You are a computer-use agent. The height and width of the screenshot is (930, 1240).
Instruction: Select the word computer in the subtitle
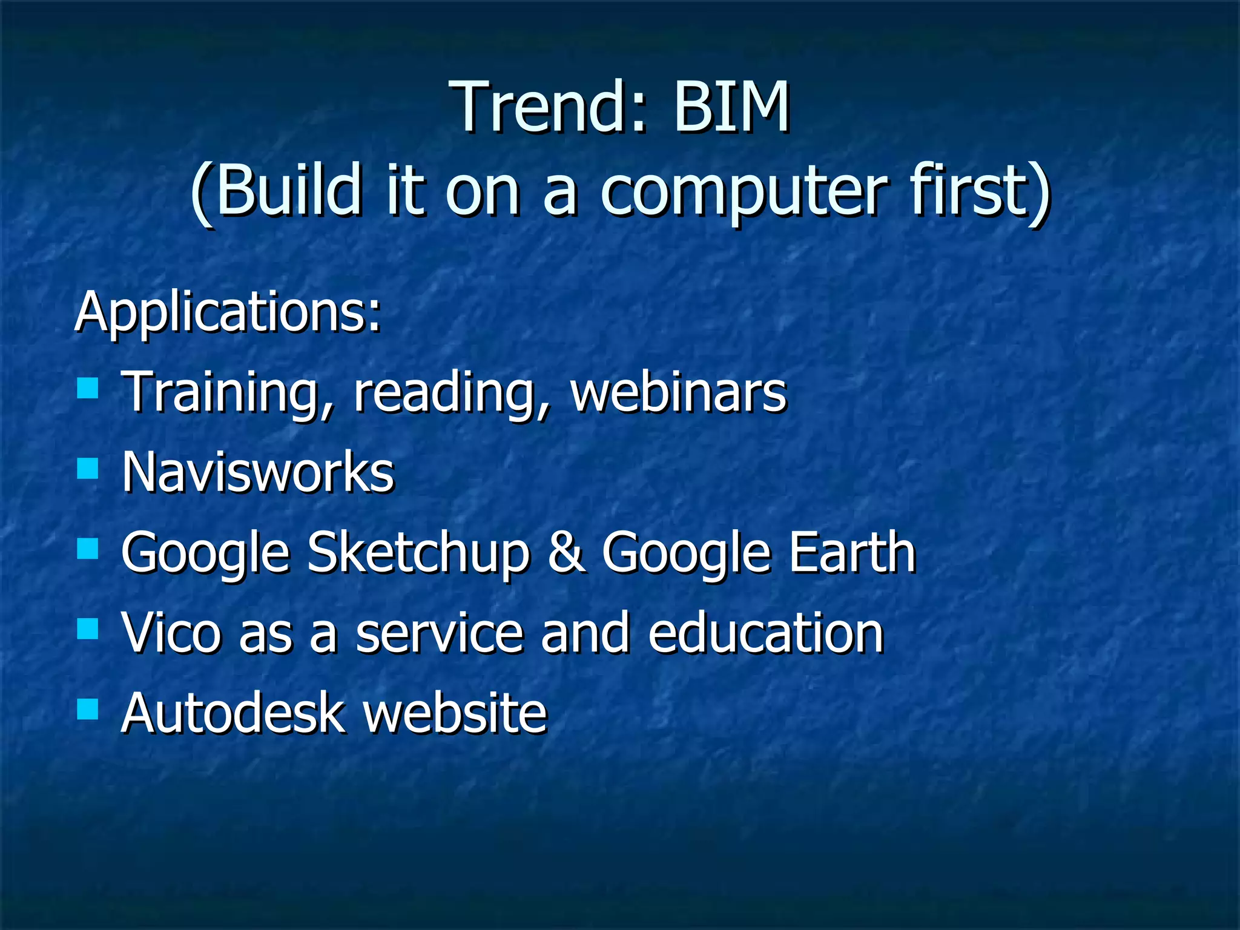point(744,193)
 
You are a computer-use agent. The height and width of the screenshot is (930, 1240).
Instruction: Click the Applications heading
point(228,312)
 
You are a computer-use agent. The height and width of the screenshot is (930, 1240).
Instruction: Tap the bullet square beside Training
point(88,388)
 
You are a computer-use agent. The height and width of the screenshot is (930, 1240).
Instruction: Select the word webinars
point(678,392)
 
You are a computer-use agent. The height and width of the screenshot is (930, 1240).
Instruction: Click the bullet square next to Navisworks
point(88,468)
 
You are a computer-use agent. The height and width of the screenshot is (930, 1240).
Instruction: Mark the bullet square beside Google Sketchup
point(88,549)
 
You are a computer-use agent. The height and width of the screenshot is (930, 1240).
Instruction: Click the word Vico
point(171,633)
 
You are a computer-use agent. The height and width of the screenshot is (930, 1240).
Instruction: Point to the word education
point(766,633)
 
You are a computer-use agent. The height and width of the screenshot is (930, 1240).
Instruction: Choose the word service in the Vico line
point(439,633)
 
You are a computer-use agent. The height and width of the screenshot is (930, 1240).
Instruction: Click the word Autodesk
point(232,713)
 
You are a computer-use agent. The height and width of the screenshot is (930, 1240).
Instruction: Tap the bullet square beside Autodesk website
point(88,708)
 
